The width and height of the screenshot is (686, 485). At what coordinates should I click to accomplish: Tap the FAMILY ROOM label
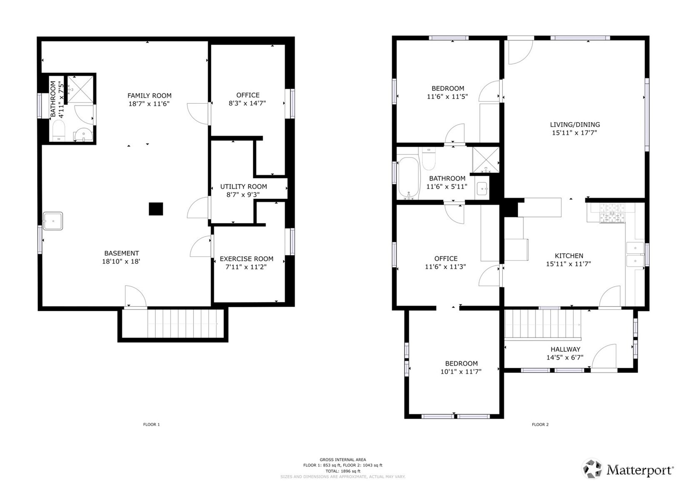(x=150, y=95)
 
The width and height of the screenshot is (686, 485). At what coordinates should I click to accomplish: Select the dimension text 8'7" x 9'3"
(x=243, y=195)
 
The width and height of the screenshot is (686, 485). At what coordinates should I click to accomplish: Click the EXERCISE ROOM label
(x=247, y=259)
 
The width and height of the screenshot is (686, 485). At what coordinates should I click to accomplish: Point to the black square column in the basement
(x=156, y=209)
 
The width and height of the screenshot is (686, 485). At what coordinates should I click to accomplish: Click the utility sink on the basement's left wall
(x=52, y=221)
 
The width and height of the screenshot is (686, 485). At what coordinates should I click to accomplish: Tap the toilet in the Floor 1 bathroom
(x=58, y=130)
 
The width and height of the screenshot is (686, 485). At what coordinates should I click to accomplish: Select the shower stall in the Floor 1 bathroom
(x=80, y=89)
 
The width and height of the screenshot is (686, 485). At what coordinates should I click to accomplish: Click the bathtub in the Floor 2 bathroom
(x=409, y=178)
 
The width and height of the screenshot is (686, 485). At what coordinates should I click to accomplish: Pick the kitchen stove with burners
(x=612, y=213)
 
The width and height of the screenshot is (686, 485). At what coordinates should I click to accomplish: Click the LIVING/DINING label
(x=575, y=125)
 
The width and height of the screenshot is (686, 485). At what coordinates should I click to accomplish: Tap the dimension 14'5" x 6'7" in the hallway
(x=565, y=357)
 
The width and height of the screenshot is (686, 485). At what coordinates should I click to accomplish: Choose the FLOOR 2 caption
(x=540, y=424)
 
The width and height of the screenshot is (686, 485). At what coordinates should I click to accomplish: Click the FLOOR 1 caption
(x=152, y=424)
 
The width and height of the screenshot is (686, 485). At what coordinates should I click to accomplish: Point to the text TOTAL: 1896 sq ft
(x=343, y=471)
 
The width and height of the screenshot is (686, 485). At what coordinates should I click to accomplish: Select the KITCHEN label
(x=569, y=256)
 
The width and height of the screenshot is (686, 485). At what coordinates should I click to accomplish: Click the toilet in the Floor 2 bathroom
(x=429, y=158)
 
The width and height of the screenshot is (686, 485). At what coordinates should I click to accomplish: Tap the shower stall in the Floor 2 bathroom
(x=486, y=160)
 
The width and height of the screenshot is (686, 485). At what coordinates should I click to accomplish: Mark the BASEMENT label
(x=122, y=253)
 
